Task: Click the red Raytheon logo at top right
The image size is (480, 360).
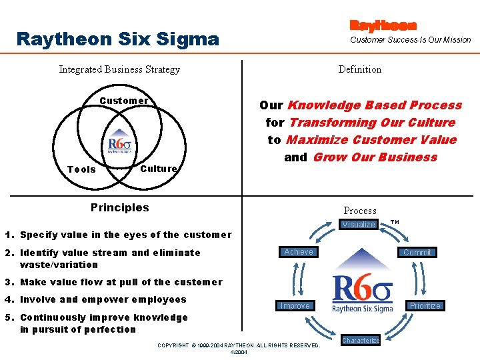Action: [383, 25]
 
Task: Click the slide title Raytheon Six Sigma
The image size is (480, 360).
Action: [117, 39]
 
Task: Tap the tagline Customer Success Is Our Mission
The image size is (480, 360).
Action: [411, 40]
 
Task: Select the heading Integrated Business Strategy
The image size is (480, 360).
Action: [119, 69]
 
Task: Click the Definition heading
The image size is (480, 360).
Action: [360, 69]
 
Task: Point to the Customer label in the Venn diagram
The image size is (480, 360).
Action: [124, 101]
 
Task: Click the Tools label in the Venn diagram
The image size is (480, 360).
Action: [82, 169]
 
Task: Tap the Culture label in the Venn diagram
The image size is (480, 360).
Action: [159, 169]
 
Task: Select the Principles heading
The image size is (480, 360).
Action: [120, 207]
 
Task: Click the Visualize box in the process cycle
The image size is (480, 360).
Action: [359, 225]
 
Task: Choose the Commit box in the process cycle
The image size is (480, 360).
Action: [417, 252]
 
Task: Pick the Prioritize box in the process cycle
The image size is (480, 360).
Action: [425, 305]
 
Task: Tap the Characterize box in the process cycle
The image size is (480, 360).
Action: [361, 340]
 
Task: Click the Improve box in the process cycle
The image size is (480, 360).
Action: [295, 305]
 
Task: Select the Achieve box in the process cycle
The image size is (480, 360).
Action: [299, 251]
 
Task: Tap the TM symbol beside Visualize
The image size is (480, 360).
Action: [395, 222]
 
